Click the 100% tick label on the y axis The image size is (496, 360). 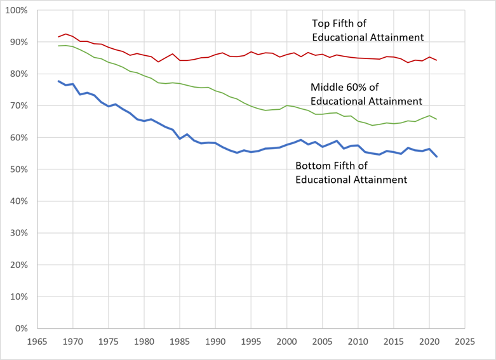pyautogui.click(x=17, y=10)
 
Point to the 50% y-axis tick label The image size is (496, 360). pyautogui.click(x=18, y=170)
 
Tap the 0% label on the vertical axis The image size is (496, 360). pyautogui.click(x=21, y=328)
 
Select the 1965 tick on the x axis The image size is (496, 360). pyautogui.click(x=37, y=342)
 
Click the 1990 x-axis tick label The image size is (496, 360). pyautogui.click(x=215, y=342)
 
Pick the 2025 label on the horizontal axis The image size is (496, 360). pyautogui.click(x=465, y=342)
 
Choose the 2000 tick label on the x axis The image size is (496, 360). pyautogui.click(x=286, y=342)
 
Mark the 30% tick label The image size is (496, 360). pyautogui.click(x=18, y=233)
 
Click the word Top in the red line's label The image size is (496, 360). pyautogui.click(x=320, y=23)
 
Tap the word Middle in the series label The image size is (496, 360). pyautogui.click(x=326, y=87)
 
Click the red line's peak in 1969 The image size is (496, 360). pyautogui.click(x=66, y=34)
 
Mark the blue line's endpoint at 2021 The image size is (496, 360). pyautogui.click(x=436, y=156)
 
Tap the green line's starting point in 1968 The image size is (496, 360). pyautogui.click(x=58, y=46)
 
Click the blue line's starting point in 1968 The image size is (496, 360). pyautogui.click(x=58, y=81)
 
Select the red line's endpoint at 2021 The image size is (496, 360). pyautogui.click(x=436, y=60)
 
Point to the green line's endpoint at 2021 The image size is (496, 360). pyautogui.click(x=436, y=119)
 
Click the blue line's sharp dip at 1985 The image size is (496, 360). pyautogui.click(x=180, y=138)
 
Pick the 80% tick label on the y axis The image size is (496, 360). pyautogui.click(x=18, y=74)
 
